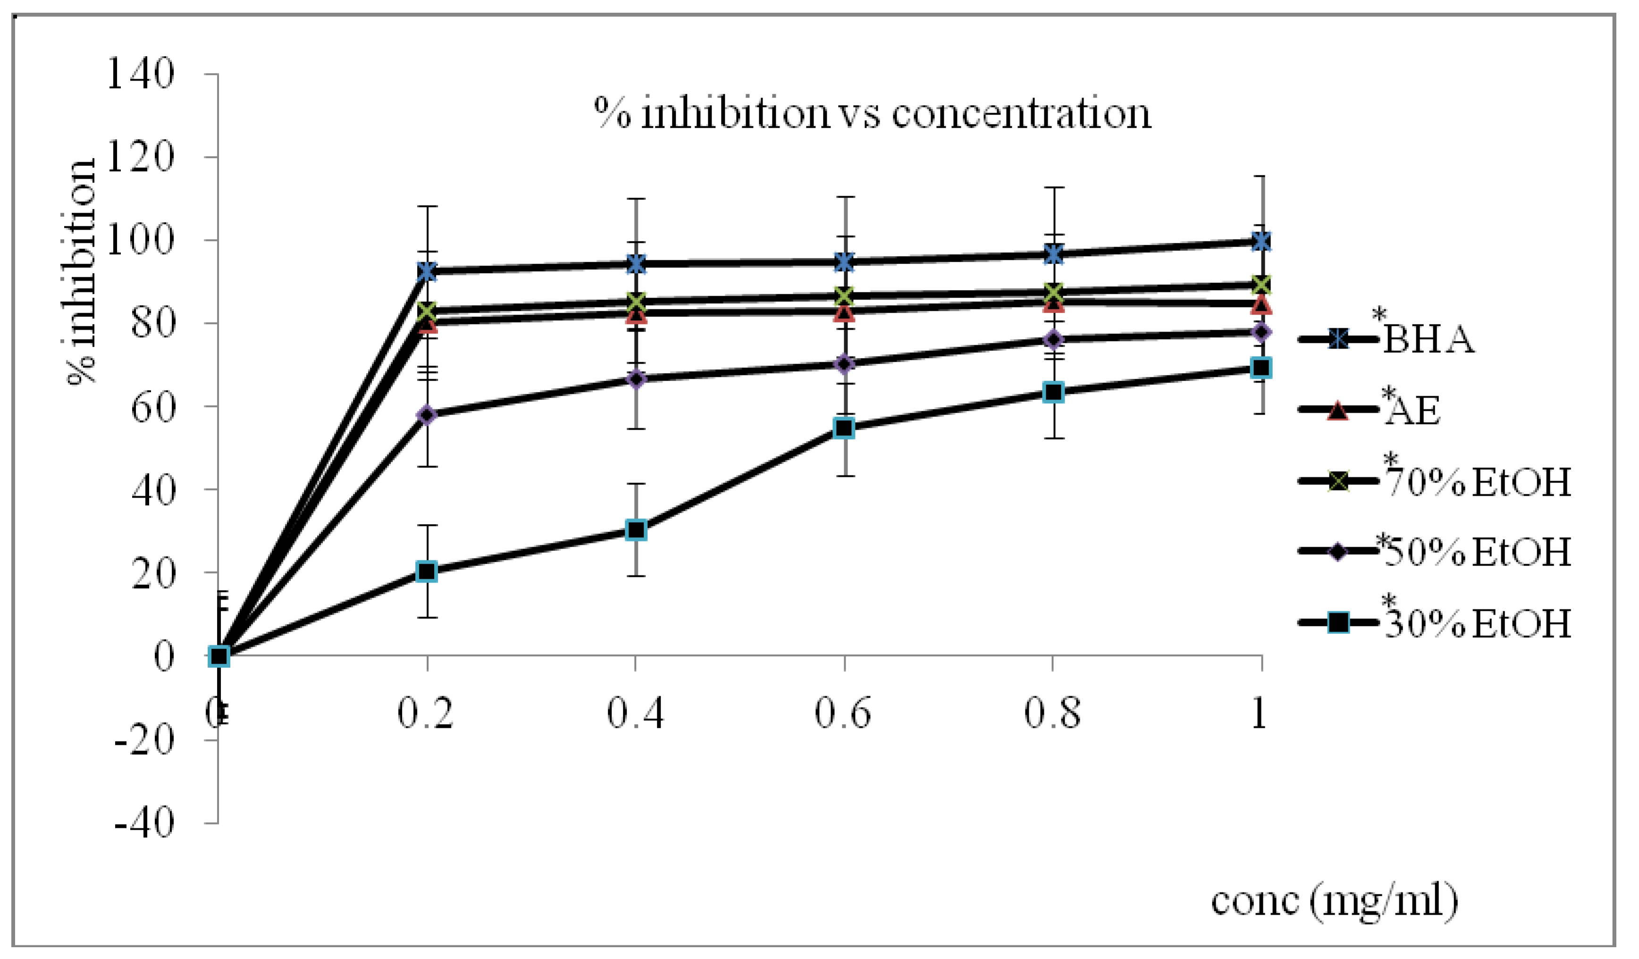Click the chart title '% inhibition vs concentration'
(x=872, y=114)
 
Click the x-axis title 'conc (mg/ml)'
(x=1333, y=901)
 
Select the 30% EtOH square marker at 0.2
(x=427, y=572)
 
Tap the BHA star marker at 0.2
(x=427, y=272)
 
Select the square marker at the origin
(x=219, y=657)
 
